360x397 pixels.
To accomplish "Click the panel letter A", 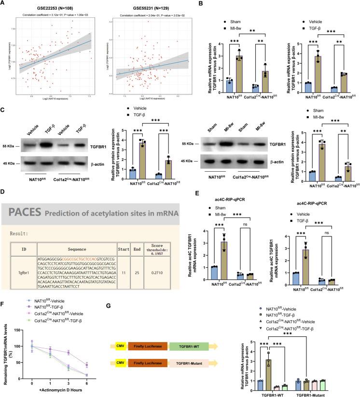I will pos(4,4).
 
